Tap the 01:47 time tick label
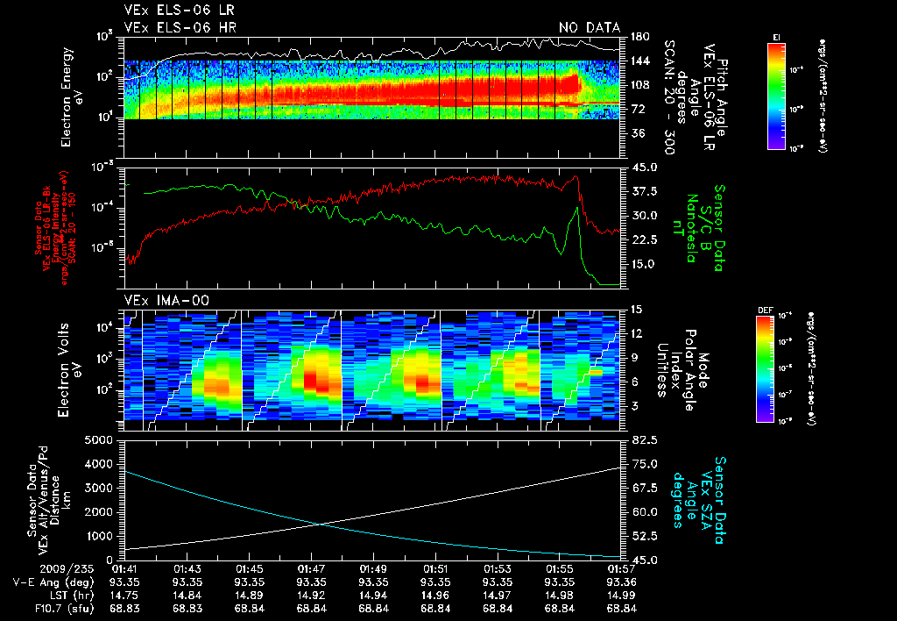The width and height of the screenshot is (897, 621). (x=312, y=568)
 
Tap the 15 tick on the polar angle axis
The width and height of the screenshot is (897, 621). (x=634, y=309)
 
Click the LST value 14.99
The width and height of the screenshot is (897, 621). (x=620, y=595)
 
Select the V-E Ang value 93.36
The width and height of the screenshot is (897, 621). (x=620, y=582)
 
